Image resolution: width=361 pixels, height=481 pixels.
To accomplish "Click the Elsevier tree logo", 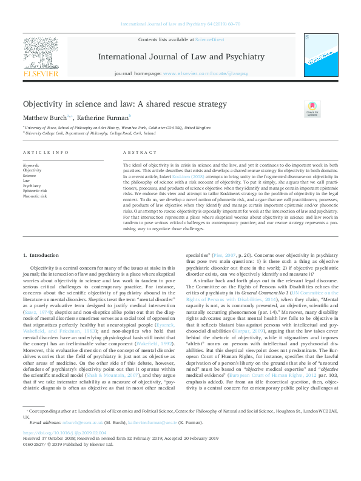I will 41,56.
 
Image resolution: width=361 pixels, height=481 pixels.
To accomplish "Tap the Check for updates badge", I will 312,110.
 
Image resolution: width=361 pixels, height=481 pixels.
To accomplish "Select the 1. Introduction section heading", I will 41,256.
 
